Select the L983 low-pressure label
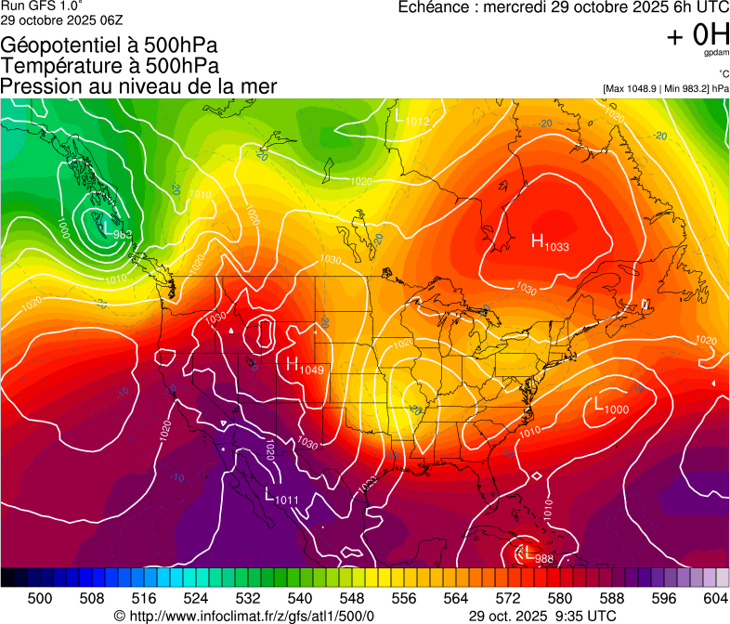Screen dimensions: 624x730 pyautogui.click(x=116, y=231)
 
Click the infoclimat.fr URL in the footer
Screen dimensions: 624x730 pyautogui.click(x=250, y=616)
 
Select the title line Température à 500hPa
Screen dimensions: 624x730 pyautogui.click(x=111, y=65)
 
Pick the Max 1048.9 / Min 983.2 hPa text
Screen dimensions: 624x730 pyautogui.click(x=665, y=88)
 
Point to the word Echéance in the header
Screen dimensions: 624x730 pyautogui.click(x=437, y=7)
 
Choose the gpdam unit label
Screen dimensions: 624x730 pyautogui.click(x=716, y=53)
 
